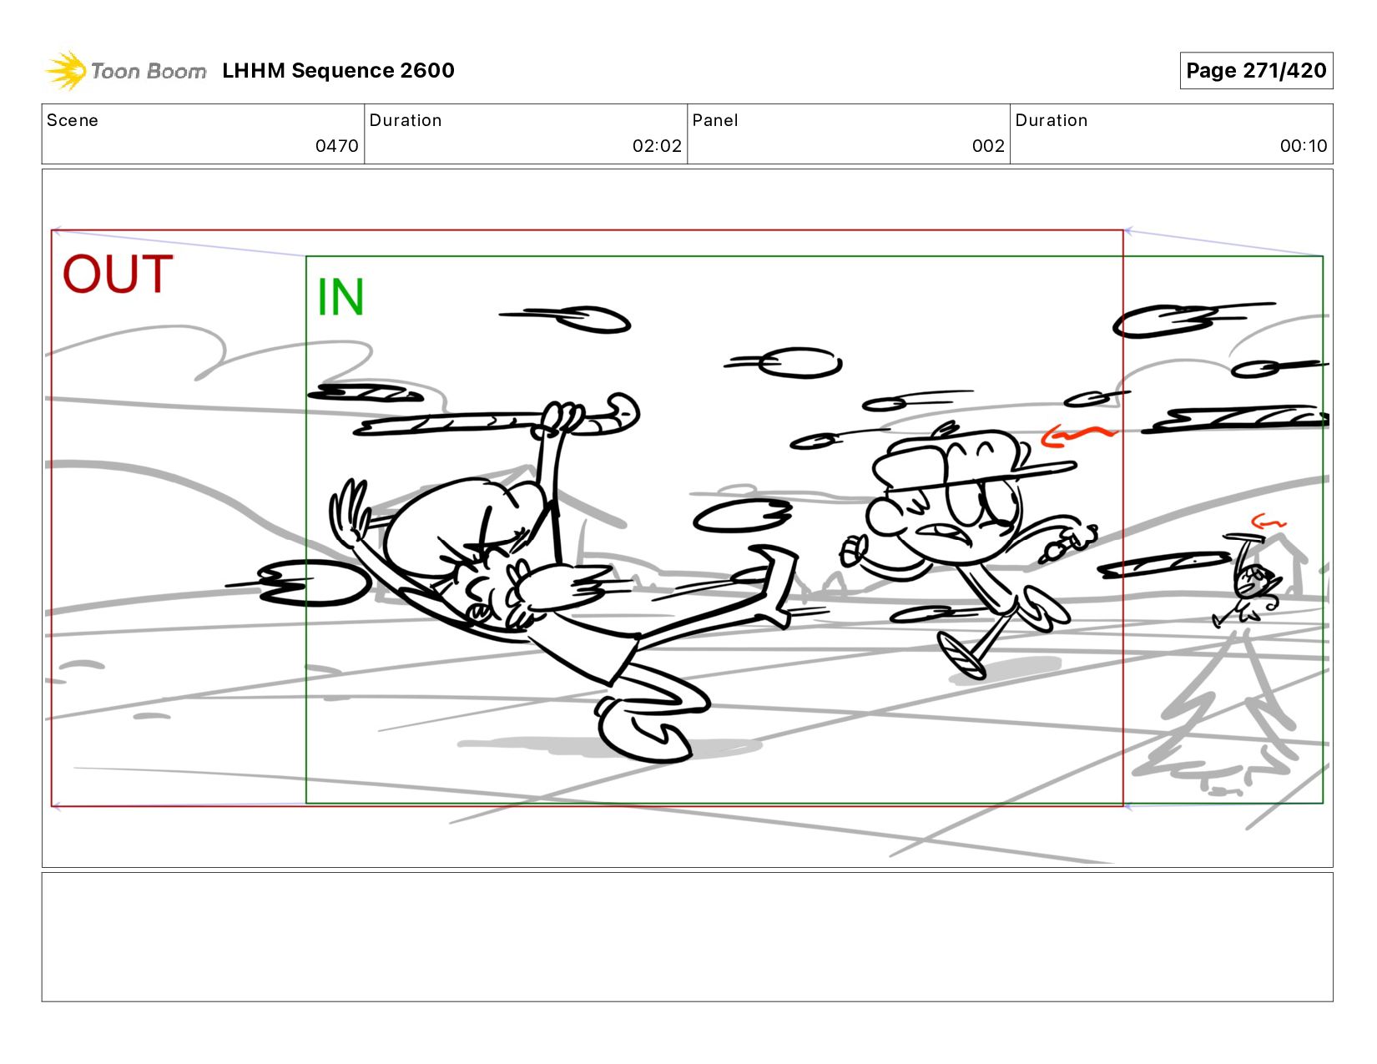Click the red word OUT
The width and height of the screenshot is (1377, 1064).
click(117, 274)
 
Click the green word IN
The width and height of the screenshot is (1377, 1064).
click(340, 296)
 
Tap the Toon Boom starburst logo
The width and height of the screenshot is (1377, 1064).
click(66, 70)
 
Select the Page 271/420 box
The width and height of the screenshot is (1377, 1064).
click(1256, 70)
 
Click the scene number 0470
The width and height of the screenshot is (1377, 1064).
click(336, 146)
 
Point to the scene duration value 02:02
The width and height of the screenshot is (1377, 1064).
click(657, 146)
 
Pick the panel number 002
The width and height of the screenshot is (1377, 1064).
click(988, 146)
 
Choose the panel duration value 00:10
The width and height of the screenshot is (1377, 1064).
click(1303, 146)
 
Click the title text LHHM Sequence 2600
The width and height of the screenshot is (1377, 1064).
click(338, 70)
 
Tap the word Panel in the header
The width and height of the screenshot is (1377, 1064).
click(715, 120)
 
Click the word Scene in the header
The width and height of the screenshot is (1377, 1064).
click(73, 120)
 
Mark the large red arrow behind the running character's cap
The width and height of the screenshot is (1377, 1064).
click(1077, 436)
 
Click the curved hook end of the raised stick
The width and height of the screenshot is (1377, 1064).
click(621, 412)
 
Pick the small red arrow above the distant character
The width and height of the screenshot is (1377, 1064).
click(1268, 522)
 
